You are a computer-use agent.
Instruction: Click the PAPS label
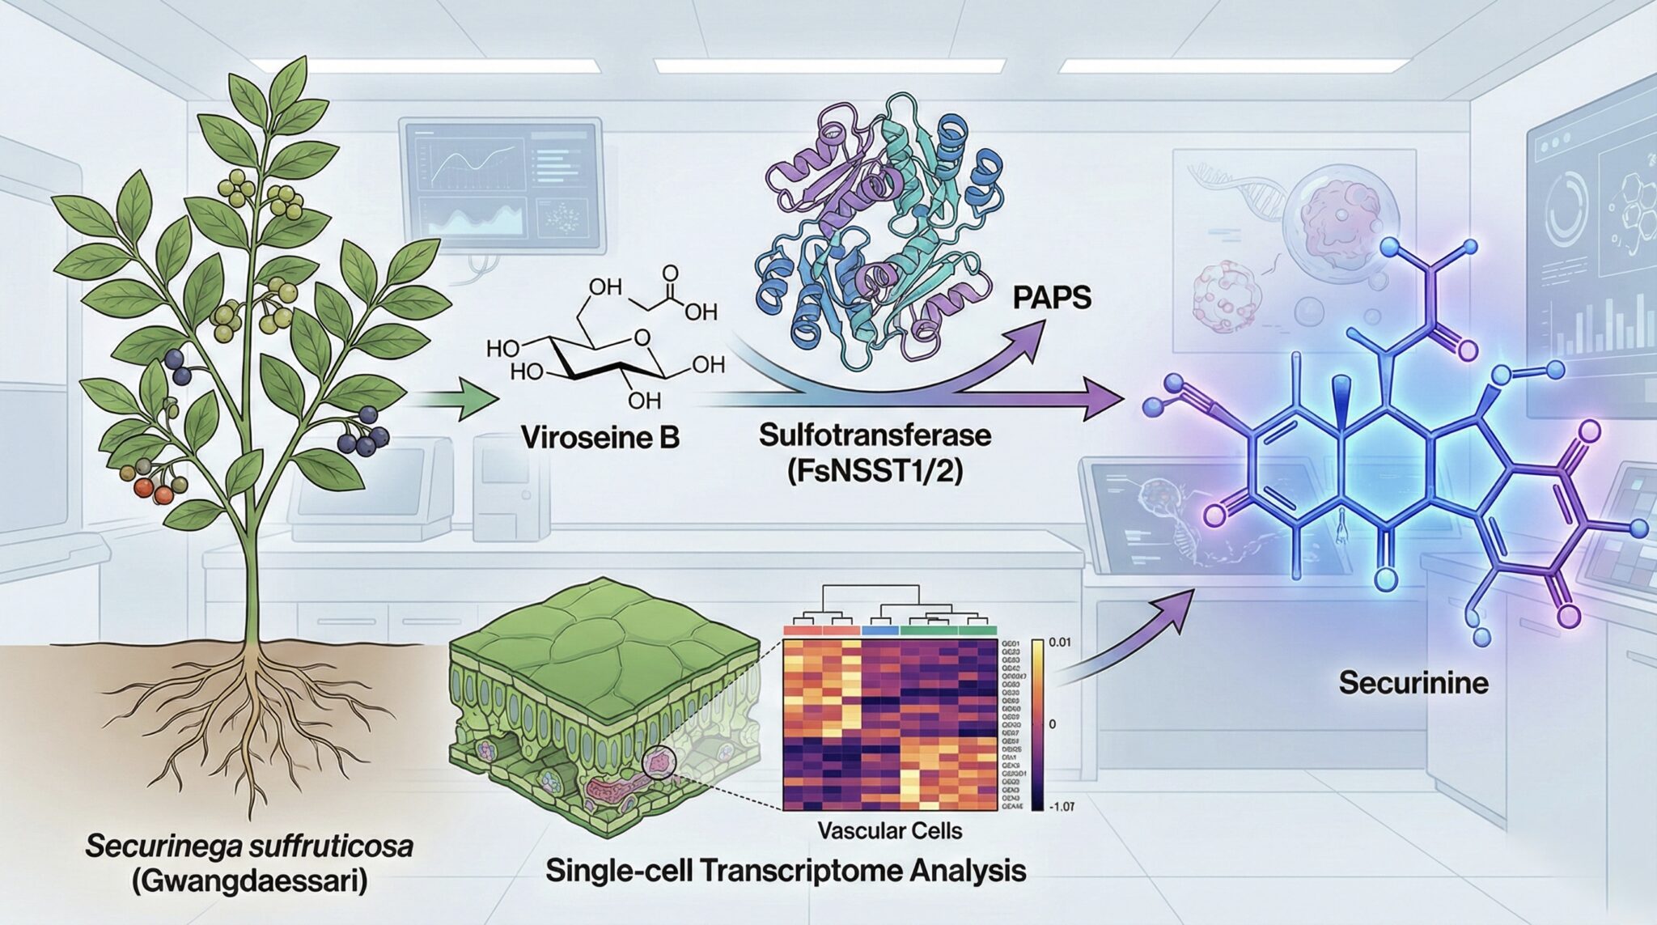click(1051, 298)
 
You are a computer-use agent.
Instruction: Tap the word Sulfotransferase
click(875, 435)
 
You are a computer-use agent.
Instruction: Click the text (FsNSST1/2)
click(875, 470)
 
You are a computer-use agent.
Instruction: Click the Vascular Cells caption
click(889, 830)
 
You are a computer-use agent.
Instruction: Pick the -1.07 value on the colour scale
click(1062, 806)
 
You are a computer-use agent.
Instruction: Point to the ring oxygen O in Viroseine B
click(642, 337)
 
